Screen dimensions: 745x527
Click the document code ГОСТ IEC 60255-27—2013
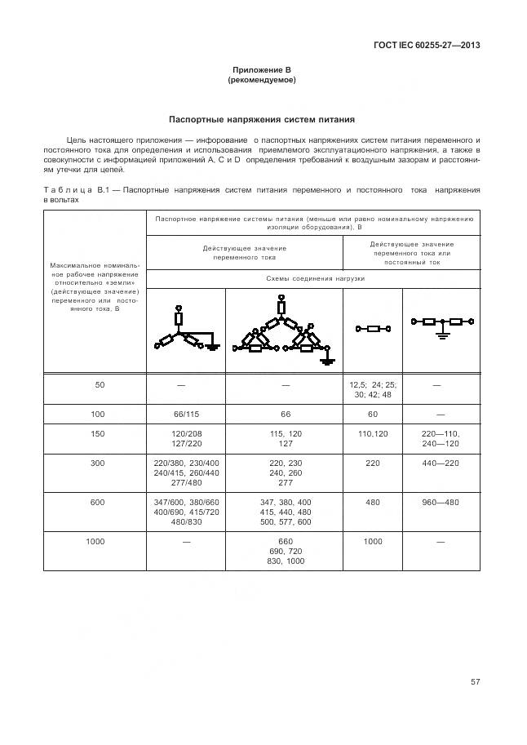coord(426,45)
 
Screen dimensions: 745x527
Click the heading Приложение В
coord(261,71)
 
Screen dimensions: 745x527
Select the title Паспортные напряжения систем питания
coord(261,119)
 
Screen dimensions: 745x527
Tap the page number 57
coord(475,681)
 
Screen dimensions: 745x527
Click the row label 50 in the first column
coord(98,384)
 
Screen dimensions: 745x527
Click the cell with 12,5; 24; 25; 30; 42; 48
coord(372,389)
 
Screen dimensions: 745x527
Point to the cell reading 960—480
coord(441,503)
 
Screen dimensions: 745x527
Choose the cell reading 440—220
coord(441,462)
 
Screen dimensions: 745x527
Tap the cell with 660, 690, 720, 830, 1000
coord(286,551)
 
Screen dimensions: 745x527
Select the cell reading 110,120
coord(372,434)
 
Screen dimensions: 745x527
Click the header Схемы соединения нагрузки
coord(315,278)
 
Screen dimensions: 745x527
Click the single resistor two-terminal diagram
coord(373,329)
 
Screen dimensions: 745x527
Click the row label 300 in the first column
coord(98,462)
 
